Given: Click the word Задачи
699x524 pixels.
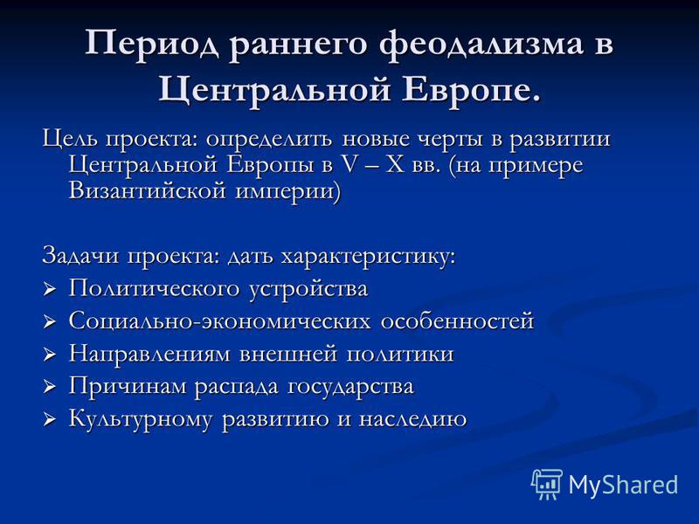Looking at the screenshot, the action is [80, 256].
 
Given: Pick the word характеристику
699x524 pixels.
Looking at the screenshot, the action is [368, 257].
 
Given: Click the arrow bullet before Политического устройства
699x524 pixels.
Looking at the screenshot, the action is [49, 291].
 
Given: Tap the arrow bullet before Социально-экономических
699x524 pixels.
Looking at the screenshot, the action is [49, 322].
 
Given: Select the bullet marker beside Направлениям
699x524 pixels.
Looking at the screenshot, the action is [49, 355].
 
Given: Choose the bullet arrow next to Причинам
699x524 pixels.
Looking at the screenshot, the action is [49, 387].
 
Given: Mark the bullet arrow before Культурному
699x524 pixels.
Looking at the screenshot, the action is [49, 420].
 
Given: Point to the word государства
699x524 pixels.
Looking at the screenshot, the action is [350, 387].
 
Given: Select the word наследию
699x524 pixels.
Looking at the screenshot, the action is [412, 419].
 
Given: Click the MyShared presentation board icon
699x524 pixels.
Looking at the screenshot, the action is [547, 485].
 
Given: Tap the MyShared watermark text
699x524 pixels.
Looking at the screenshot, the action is [623, 485].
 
